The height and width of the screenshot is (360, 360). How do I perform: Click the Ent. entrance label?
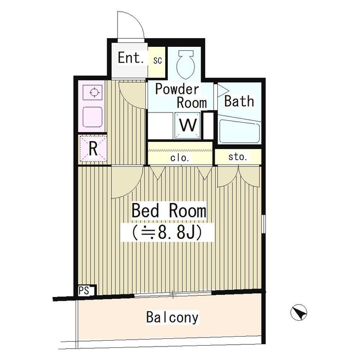tap(130, 58)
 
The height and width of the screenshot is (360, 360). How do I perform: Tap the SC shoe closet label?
tap(158, 59)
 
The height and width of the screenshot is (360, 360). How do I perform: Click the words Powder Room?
tap(180, 95)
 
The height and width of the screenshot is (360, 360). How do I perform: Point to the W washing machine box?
tap(189, 125)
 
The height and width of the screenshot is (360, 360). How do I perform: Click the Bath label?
tap(239, 101)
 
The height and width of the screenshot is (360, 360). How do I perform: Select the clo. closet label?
tap(180, 158)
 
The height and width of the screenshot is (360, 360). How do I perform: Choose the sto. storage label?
tap(238, 157)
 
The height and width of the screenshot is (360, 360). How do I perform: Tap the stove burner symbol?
tap(94, 93)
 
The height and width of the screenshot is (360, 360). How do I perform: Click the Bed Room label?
tap(169, 211)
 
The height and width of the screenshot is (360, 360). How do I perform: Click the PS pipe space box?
tap(84, 290)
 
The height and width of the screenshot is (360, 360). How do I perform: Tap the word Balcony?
tap(172, 317)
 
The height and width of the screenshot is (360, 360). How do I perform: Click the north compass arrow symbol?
tap(299, 312)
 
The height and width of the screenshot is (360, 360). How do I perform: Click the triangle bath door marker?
tap(223, 90)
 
